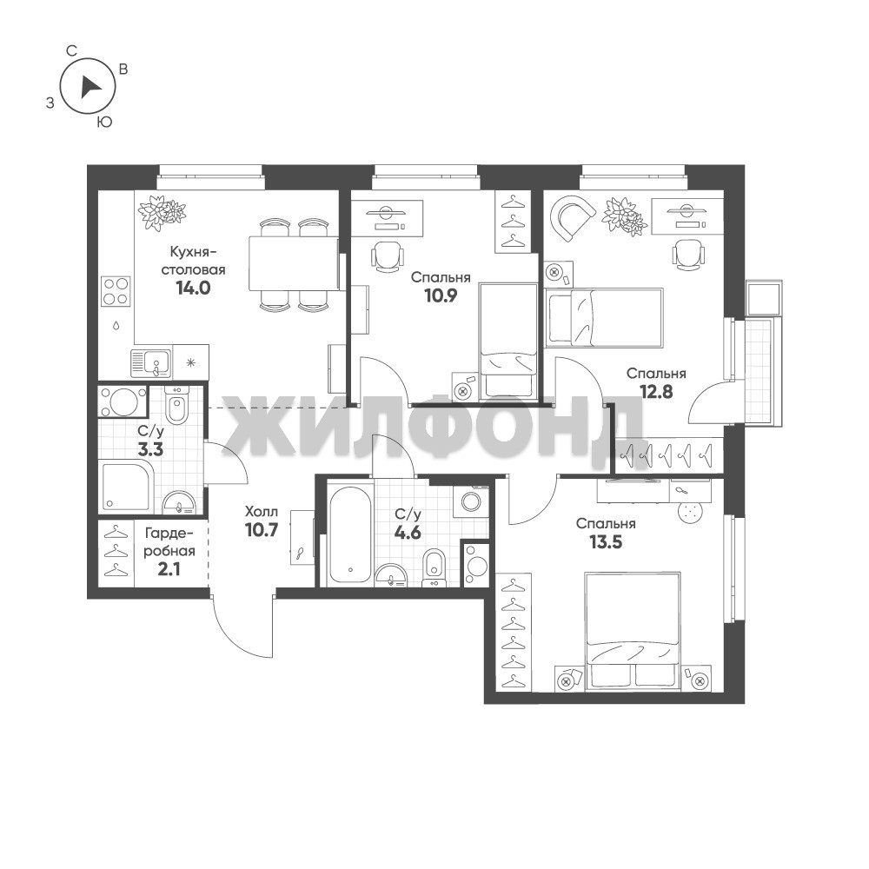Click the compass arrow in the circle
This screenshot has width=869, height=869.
(90, 88)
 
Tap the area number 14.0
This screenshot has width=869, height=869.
(193, 289)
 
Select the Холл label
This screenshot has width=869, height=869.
(261, 512)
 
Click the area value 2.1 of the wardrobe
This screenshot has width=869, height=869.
(169, 569)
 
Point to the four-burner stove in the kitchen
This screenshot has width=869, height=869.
(116, 291)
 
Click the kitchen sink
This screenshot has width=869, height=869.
(151, 363)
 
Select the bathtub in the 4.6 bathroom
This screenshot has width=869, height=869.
(350, 534)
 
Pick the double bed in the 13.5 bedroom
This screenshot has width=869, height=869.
(633, 632)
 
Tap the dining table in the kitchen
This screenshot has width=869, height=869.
(293, 262)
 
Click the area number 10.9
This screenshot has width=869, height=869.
(441, 296)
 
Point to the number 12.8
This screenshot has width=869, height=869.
(656, 392)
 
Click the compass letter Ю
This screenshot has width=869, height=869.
(105, 123)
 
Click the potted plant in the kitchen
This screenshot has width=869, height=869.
(162, 213)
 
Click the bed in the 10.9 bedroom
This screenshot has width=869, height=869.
(508, 342)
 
